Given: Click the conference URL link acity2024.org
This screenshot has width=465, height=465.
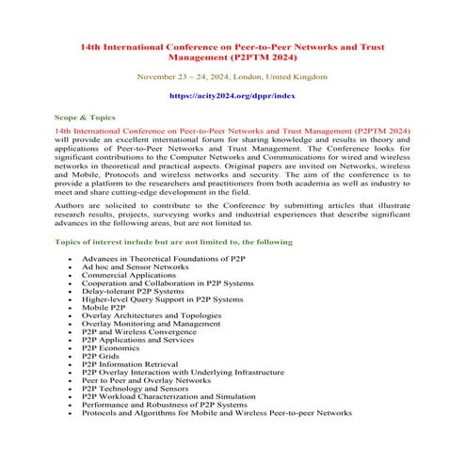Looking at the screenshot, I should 232,95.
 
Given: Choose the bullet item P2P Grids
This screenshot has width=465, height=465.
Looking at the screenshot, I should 102,357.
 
